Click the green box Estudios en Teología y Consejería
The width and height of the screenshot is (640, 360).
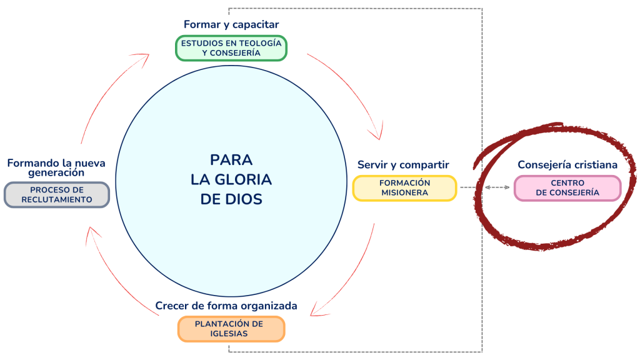point(231,48)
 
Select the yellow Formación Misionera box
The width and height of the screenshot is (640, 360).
point(405,187)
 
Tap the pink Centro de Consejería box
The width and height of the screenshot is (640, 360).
point(567,187)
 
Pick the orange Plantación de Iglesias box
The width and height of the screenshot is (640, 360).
point(231,329)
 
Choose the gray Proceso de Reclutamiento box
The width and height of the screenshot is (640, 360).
point(57,194)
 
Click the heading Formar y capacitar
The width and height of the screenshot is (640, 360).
point(231,24)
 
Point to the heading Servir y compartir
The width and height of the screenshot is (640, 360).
point(403,164)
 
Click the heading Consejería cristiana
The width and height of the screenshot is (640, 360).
point(567,164)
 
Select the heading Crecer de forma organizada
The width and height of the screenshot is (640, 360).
point(226,306)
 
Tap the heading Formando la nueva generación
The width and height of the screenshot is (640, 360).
point(56,167)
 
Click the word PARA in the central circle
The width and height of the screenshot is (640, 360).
point(231,159)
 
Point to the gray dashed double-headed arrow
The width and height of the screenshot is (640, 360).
point(497,187)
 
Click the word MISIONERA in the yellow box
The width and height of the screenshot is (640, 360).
point(405,192)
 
